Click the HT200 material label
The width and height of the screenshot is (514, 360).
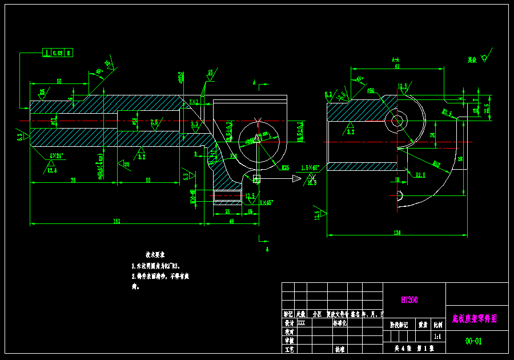click(x=409, y=299)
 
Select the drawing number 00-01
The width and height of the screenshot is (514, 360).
click(x=473, y=341)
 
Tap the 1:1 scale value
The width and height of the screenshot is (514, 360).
click(x=437, y=337)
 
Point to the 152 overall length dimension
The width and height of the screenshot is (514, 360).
click(x=117, y=221)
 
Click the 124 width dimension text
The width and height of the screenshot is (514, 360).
click(x=397, y=233)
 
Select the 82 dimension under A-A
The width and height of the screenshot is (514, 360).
click(x=397, y=67)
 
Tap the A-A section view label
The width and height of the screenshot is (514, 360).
click(x=395, y=59)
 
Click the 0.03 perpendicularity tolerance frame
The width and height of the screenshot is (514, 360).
click(x=58, y=53)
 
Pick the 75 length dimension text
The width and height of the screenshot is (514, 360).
click(x=74, y=180)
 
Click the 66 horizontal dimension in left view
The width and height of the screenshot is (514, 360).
click(x=148, y=180)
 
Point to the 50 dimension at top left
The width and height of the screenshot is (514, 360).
click(x=59, y=82)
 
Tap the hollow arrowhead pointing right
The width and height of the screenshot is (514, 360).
click(x=296, y=179)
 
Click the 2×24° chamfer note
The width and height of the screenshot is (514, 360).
click(x=56, y=155)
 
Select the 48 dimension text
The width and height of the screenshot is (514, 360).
click(x=231, y=221)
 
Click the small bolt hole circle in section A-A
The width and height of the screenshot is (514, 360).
click(x=396, y=121)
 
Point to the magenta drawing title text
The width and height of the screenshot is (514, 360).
click(x=474, y=318)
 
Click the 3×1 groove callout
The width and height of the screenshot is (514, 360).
click(x=194, y=102)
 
